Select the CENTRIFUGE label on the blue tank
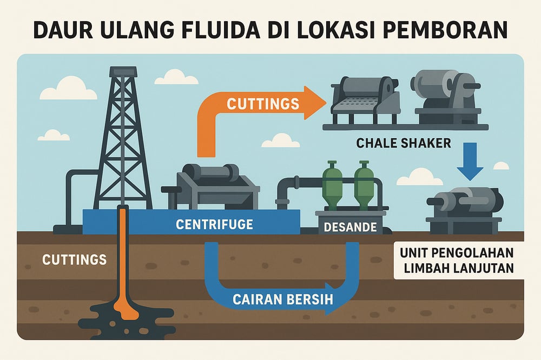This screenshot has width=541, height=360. pos(214,224)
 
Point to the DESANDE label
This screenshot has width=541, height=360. pos(349,227)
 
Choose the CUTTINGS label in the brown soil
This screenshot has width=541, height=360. pos(74,259)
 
